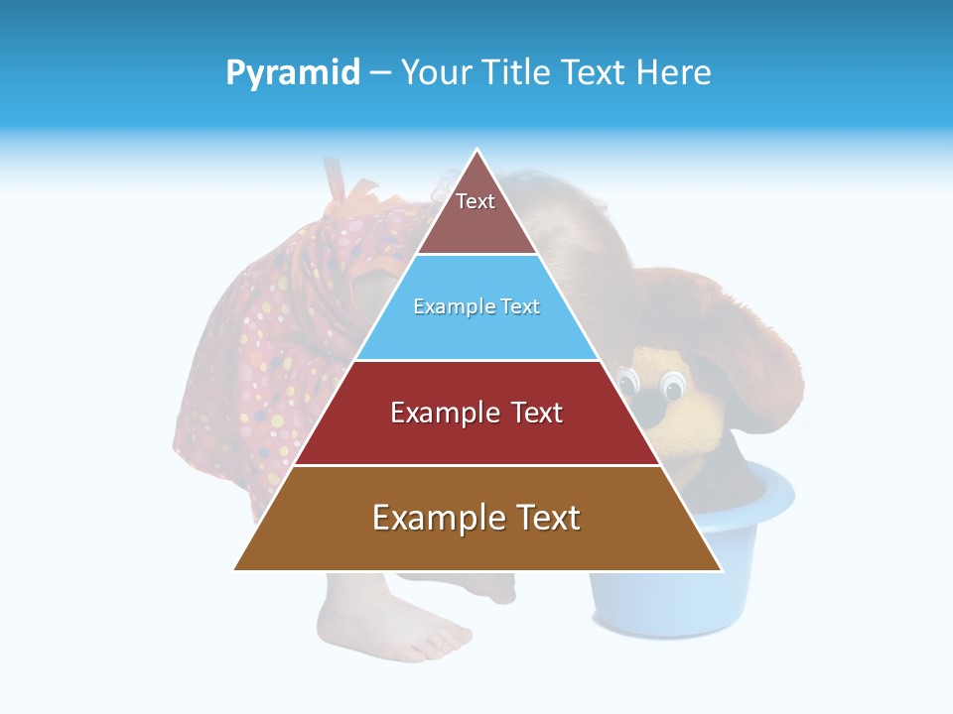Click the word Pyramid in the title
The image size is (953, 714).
pyautogui.click(x=293, y=72)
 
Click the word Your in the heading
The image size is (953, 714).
pyautogui.click(x=436, y=72)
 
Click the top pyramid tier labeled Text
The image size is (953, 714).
pyautogui.click(x=476, y=212)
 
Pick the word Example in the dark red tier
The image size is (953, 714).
pyautogui.click(x=436, y=413)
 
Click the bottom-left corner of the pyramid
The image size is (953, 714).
pyautogui.click(x=235, y=569)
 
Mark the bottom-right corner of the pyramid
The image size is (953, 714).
pyautogui.click(x=721, y=569)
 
